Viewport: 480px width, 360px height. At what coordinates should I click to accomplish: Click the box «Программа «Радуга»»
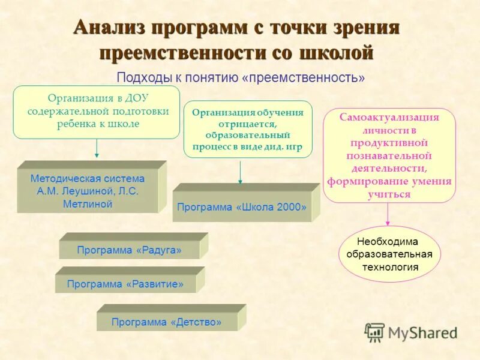pyautogui.click(x=129, y=250)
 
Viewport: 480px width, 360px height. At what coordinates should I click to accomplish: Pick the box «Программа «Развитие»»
pyautogui.click(x=125, y=284)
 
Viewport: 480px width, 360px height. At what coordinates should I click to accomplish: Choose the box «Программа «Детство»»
pyautogui.click(x=166, y=322)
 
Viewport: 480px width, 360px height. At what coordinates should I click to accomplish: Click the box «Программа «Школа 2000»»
pyautogui.click(x=242, y=207)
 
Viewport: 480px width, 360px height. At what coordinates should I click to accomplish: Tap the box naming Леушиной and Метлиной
pyautogui.click(x=88, y=191)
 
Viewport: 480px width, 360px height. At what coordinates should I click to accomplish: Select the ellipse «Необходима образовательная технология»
pyautogui.click(x=390, y=254)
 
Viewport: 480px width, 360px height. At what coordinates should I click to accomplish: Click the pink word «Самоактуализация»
pyautogui.click(x=389, y=117)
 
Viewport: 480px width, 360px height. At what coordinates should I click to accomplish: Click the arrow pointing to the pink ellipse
pyautogui.click(x=388, y=214)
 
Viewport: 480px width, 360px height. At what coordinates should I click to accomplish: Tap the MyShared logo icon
pyautogui.click(x=374, y=332)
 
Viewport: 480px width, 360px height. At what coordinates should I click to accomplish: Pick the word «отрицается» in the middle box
pyautogui.click(x=248, y=124)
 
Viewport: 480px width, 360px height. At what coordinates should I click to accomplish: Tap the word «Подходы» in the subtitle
pyautogui.click(x=136, y=78)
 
